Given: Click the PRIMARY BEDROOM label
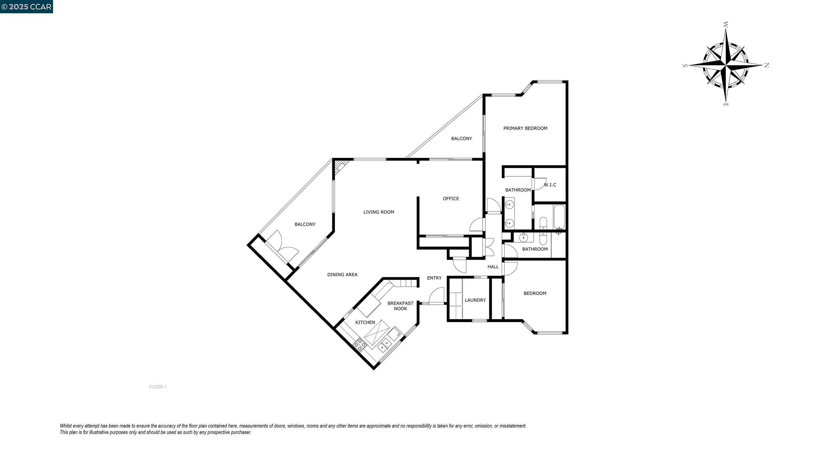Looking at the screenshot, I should click(525, 128).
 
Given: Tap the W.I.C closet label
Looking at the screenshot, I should click(550, 185).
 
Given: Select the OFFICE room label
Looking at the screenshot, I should click(451, 199).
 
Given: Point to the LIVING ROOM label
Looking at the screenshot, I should click(379, 212).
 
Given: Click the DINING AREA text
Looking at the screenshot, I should click(342, 275).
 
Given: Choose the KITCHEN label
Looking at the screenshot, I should click(365, 322).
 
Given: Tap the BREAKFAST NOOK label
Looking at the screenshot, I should click(400, 306).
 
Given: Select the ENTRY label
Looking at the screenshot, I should click(434, 278).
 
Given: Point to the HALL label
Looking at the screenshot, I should click(493, 267).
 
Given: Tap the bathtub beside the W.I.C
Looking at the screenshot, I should click(559, 217).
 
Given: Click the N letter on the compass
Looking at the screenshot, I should click(767, 65).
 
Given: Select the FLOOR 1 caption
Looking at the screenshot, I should click(158, 387).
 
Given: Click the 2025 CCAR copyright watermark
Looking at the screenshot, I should click(27, 7).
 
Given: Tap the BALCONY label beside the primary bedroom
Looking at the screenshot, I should click(461, 139).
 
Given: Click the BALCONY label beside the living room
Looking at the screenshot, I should click(305, 224).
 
